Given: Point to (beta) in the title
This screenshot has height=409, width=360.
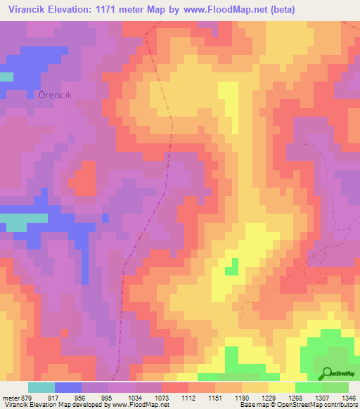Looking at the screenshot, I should coord(280,9).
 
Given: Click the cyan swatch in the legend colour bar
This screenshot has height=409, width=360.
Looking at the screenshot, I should coord(41,387).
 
